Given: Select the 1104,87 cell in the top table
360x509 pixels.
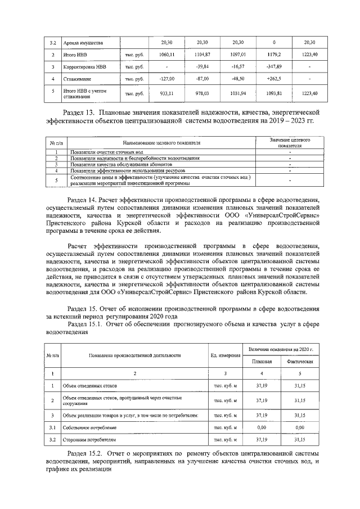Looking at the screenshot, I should tap(202, 55).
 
